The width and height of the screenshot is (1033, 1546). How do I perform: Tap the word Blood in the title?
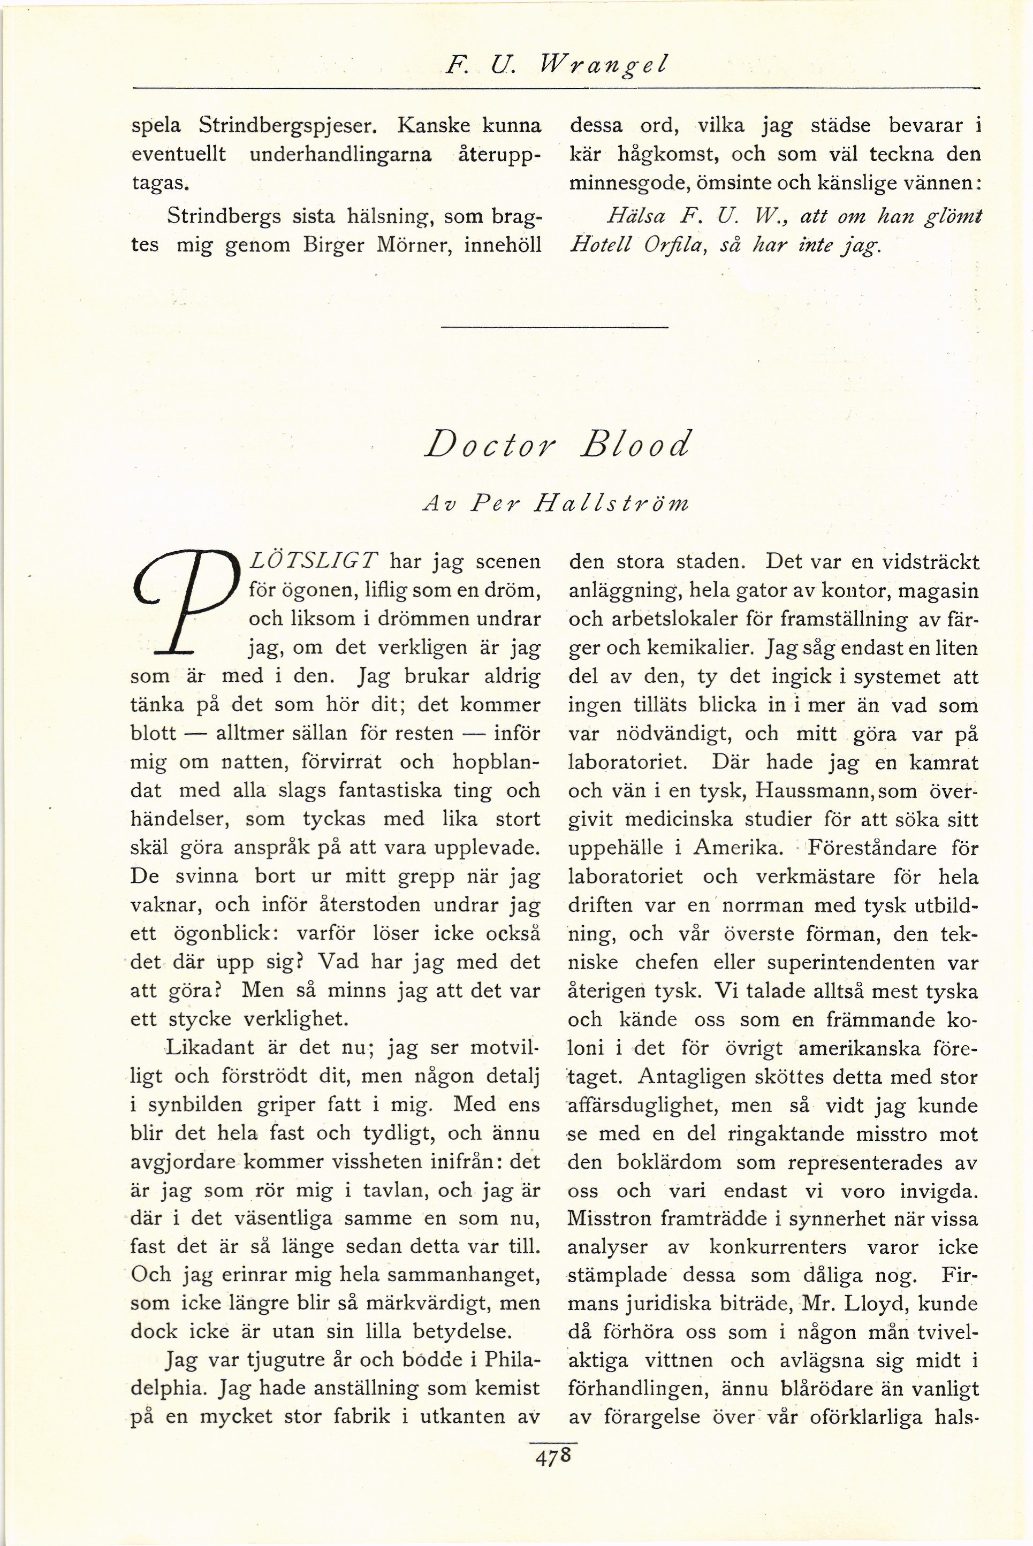[x=635, y=446]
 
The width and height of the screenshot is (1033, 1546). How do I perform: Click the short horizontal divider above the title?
[x=554, y=328]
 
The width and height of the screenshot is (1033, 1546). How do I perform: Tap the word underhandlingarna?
[x=341, y=154]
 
